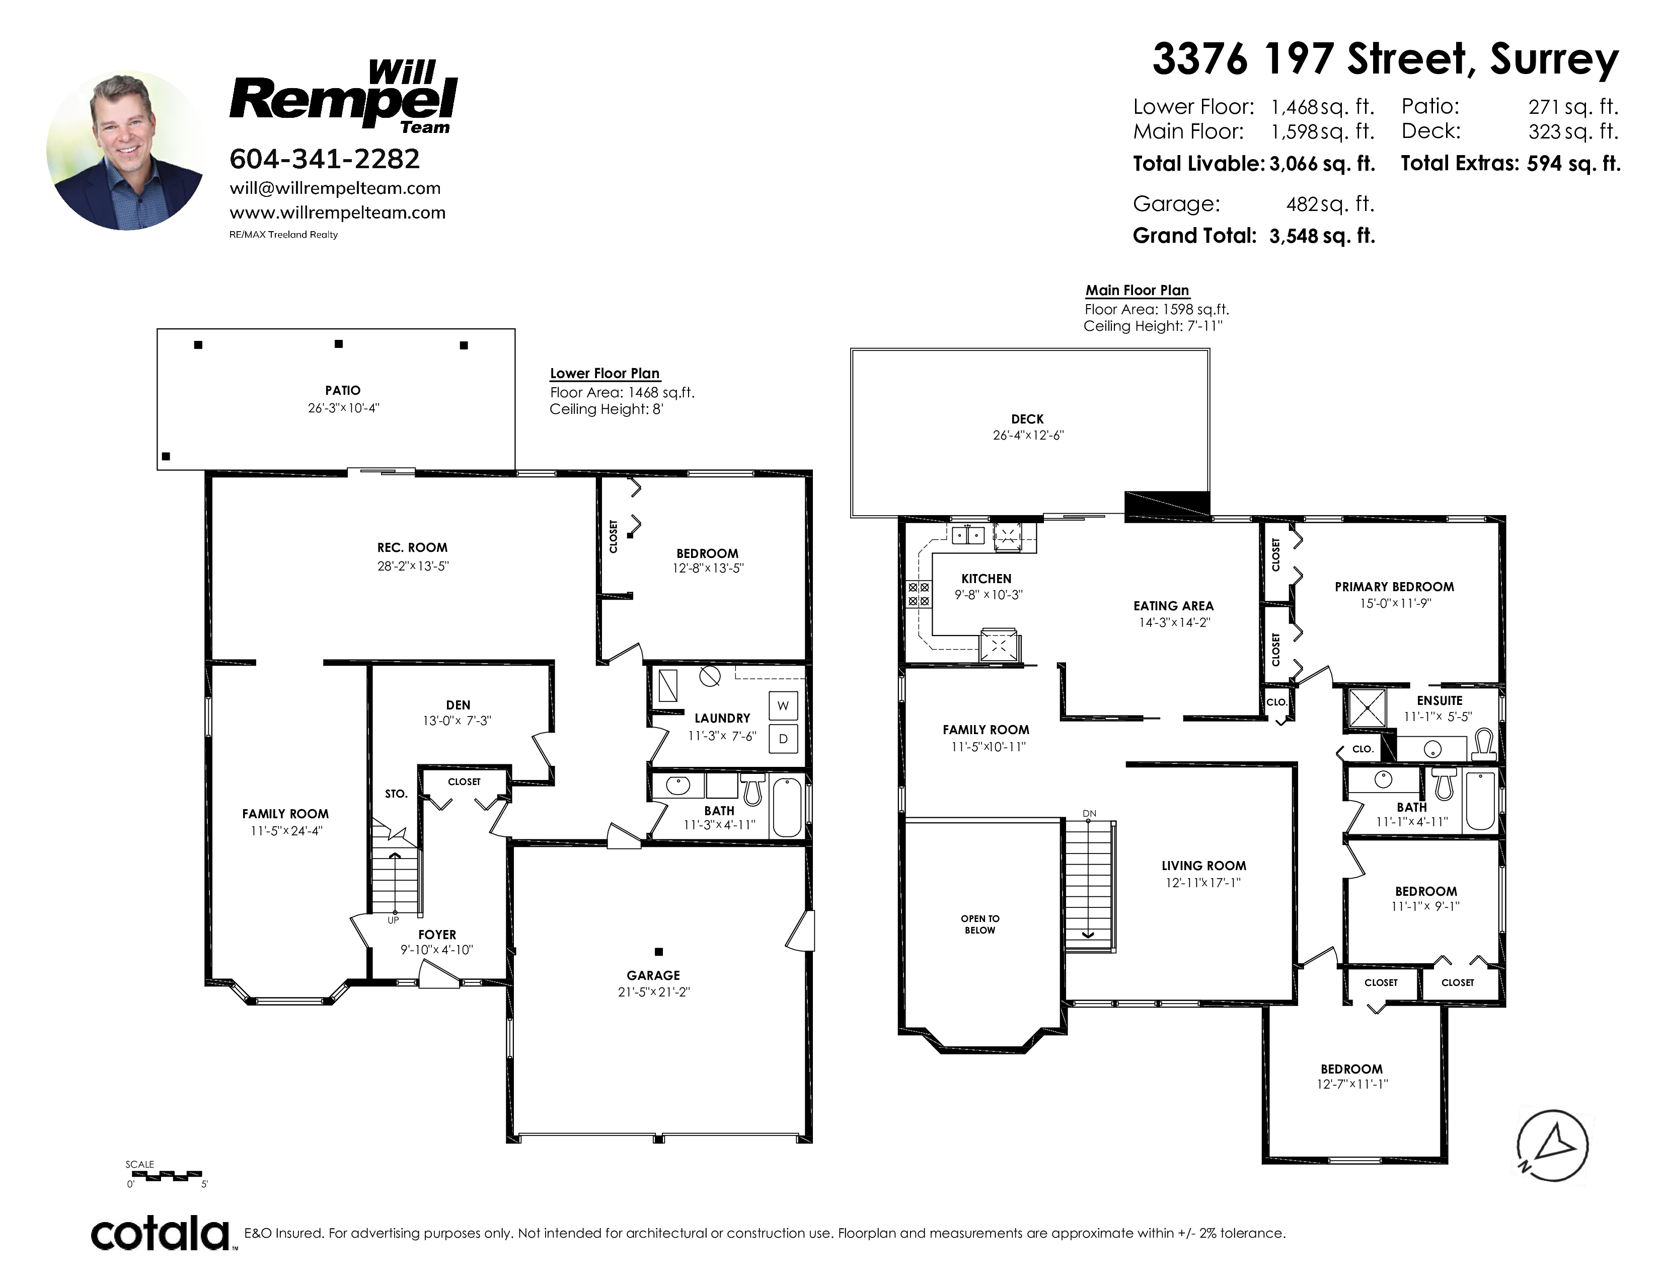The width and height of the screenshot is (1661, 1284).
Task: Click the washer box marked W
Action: [x=783, y=706]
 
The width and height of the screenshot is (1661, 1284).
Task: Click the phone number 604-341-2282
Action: [x=325, y=159]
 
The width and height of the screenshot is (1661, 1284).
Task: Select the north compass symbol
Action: [x=1552, y=1146]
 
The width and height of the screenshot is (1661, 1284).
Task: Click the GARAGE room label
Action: [x=653, y=975]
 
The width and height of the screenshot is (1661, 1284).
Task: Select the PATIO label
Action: [x=343, y=390]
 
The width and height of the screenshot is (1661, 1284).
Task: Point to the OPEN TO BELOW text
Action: [x=980, y=924]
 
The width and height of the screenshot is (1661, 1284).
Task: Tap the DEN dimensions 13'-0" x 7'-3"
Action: [x=457, y=721]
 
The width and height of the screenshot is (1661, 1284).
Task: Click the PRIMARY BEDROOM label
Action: [x=1394, y=587]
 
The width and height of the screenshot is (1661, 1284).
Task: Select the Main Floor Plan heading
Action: [x=1137, y=290]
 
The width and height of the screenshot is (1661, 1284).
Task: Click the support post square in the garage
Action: [x=659, y=952]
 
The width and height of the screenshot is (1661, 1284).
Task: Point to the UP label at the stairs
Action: [x=393, y=920]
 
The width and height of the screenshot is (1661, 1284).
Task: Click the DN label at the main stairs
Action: [x=1090, y=813]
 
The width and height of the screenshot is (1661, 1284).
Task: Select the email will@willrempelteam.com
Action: [x=335, y=188]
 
